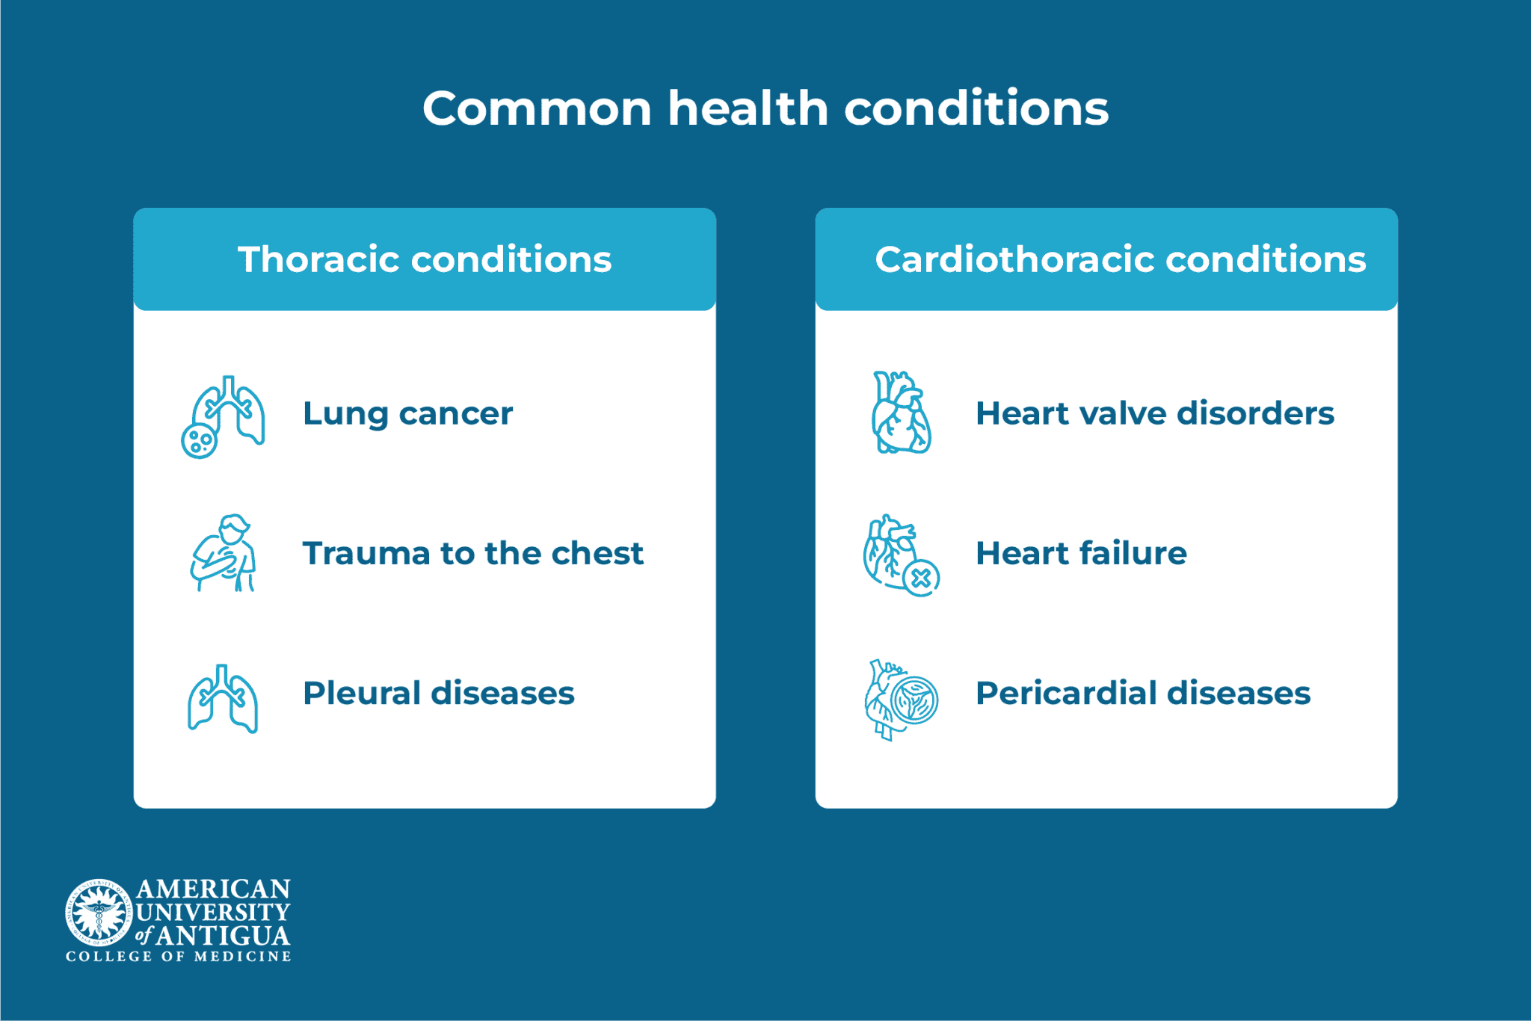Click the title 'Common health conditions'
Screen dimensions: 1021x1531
coord(765,109)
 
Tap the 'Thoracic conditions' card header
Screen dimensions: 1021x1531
coord(425,259)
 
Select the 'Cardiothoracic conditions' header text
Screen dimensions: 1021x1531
coord(1120,259)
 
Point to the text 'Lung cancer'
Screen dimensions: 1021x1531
coord(407,413)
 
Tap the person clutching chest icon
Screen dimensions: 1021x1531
coord(224,553)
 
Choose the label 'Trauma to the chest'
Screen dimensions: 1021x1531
coord(472,553)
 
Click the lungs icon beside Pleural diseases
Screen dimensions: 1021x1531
coord(223,699)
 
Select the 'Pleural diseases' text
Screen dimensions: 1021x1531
coord(438,693)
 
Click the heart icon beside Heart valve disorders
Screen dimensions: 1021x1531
coord(901,413)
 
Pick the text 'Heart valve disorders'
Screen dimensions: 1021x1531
coord(1154,413)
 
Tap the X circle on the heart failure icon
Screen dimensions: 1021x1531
coord(921,578)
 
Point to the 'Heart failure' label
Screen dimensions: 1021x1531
coord(1081,553)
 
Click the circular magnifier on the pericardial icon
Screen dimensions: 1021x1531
coord(914,700)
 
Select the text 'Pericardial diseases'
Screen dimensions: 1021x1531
coord(1142,693)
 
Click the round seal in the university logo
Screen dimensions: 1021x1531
coord(99,911)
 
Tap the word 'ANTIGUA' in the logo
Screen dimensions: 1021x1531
coord(223,936)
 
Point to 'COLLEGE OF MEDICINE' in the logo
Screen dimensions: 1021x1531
coord(178,957)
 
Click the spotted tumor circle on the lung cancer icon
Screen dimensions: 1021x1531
coord(200,441)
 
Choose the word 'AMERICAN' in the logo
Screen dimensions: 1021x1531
coord(213,889)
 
